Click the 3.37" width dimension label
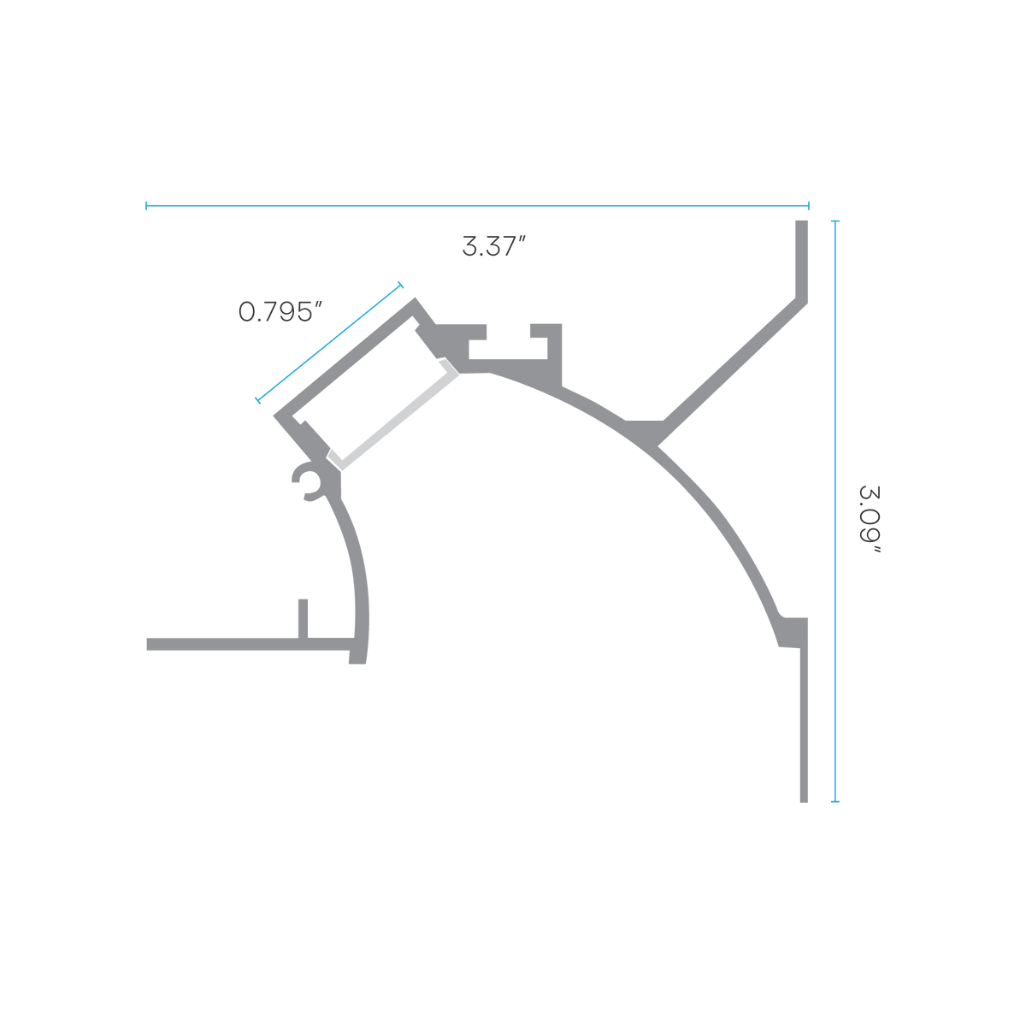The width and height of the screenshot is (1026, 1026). click(493, 246)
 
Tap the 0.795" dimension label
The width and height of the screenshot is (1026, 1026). click(280, 311)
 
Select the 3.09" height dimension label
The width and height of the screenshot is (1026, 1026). click(870, 519)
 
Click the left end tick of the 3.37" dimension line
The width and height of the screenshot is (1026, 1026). click(146, 205)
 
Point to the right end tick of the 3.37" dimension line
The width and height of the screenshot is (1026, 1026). click(808, 205)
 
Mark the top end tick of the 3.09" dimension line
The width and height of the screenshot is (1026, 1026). click(834, 221)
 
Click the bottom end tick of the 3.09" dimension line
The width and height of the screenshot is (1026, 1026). click(834, 801)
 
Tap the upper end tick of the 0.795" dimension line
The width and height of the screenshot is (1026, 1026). click(401, 285)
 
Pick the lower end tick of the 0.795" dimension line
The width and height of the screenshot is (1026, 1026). click(257, 400)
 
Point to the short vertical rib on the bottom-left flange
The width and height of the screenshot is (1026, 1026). click(303, 618)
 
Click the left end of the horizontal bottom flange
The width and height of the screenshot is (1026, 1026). click(147, 645)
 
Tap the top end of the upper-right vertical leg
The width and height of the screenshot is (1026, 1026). click(801, 221)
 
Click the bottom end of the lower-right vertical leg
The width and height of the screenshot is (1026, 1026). click(804, 801)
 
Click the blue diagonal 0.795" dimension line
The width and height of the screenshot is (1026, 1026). click(329, 342)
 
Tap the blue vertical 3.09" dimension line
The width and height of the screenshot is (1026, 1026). click(834, 511)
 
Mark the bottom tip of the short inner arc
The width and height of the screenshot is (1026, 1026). click(357, 663)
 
